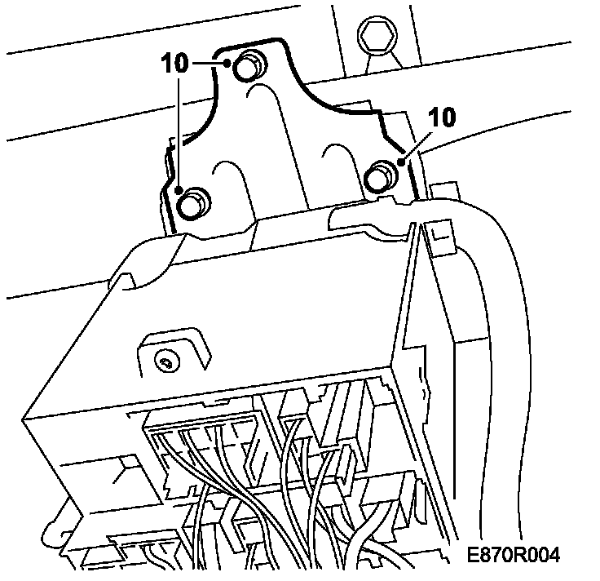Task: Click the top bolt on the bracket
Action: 249,67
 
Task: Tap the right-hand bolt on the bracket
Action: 380,176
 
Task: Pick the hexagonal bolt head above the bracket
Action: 376,36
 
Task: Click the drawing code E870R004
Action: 514,556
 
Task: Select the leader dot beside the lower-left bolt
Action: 179,191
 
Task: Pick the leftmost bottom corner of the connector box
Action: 26,421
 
